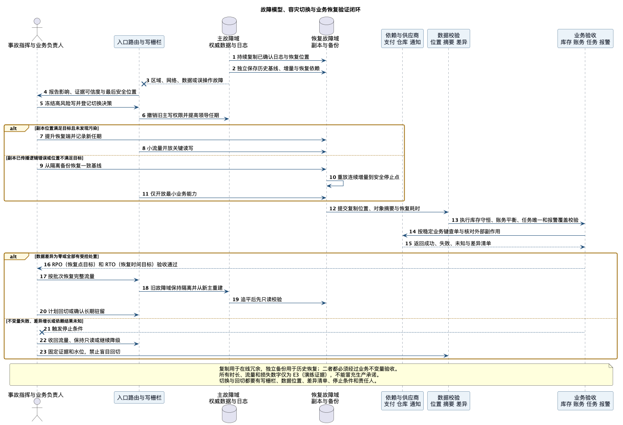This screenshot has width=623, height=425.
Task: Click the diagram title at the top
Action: tap(311, 10)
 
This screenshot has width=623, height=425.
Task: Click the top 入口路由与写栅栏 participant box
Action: tap(139, 42)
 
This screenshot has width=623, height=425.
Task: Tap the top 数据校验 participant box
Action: tap(449, 38)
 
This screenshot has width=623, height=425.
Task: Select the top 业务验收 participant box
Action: tap(585, 38)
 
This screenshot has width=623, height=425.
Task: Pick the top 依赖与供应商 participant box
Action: tap(402, 38)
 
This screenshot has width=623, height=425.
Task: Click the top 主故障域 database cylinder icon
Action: tap(229, 26)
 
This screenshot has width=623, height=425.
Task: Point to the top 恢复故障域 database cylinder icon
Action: tap(326, 26)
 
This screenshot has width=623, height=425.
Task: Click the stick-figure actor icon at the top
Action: tap(37, 30)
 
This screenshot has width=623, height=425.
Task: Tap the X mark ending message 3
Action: tap(144, 84)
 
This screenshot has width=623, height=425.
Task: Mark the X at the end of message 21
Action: tap(42, 332)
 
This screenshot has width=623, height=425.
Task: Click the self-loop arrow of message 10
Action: tap(343, 183)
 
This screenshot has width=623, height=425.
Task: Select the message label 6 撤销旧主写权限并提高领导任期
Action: tap(181, 115)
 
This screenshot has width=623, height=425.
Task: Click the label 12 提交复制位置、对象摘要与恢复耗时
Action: tap(374, 208)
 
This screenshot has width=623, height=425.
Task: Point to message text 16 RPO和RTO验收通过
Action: tap(110, 265)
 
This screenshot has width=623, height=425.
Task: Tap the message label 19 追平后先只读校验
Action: tap(257, 299)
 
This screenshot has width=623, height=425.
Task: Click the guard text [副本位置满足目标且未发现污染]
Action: tap(66, 128)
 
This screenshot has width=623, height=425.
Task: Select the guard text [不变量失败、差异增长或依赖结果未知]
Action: tap(44, 321)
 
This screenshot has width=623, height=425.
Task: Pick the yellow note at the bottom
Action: tap(311, 375)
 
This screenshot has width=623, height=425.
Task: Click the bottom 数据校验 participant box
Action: tap(449, 401)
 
